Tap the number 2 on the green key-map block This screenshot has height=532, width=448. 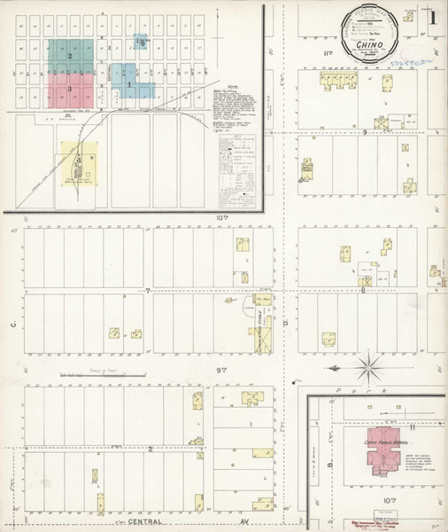click(x=70, y=55)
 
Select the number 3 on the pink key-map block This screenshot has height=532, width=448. click(x=70, y=89)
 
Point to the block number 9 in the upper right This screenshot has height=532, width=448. click(x=364, y=131)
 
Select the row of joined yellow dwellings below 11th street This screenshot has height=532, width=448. click(x=337, y=82)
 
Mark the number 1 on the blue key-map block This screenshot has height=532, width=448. click(x=130, y=85)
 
